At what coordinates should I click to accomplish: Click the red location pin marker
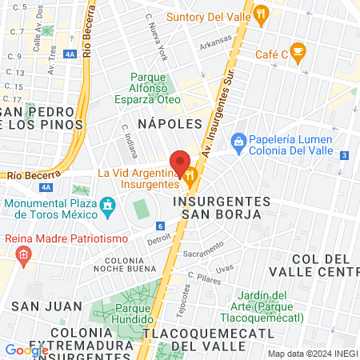(181, 163)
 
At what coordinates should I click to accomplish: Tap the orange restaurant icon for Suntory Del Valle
(262, 14)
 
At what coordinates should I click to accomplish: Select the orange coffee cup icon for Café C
(298, 54)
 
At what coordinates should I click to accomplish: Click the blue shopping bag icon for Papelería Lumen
(238, 142)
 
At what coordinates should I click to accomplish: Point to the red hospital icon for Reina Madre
(23, 256)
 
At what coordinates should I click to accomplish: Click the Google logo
(26, 350)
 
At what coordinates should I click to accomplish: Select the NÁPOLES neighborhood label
(170, 124)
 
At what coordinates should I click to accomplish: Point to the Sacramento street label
(202, 253)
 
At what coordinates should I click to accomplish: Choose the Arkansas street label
(216, 39)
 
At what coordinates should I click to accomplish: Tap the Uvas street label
(226, 268)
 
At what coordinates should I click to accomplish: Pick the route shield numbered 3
(344, 155)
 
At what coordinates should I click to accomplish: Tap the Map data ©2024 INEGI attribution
(312, 354)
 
